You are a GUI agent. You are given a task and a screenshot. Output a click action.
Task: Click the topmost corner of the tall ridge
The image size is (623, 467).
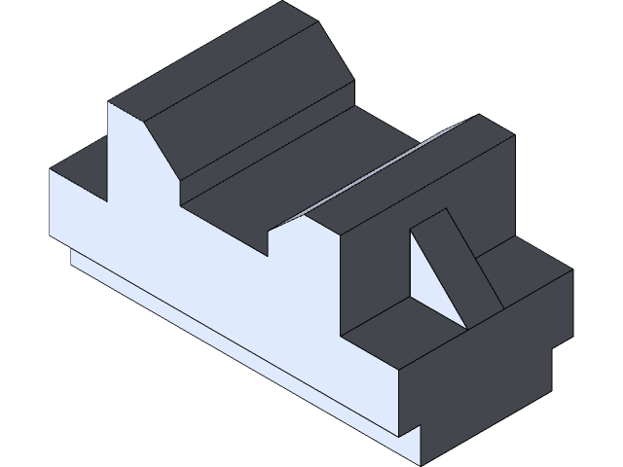click(x=284, y=2)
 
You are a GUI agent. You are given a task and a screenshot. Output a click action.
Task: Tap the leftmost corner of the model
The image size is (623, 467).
click(x=51, y=170)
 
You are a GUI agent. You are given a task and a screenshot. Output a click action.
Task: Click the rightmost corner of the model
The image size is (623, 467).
click(x=572, y=269)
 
